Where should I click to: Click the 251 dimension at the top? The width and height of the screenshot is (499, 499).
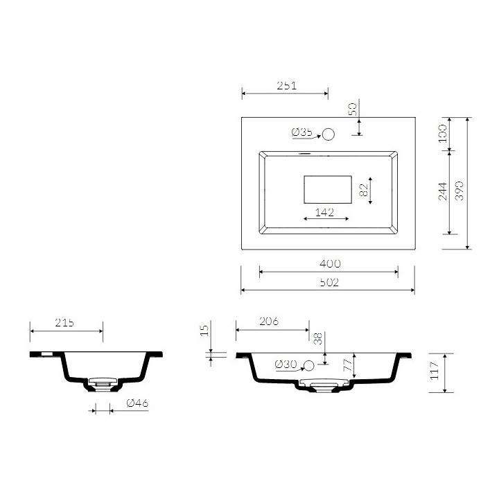pyautogui.click(x=287, y=86)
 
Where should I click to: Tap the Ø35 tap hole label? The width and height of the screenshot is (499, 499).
pyautogui.click(x=303, y=132)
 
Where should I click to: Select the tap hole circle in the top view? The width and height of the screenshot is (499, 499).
pyautogui.click(x=329, y=134)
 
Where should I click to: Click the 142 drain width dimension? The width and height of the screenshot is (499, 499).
pyautogui.click(x=324, y=211)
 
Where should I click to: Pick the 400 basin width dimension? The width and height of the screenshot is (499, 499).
pyautogui.click(x=330, y=263)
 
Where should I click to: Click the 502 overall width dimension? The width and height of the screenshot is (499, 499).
pyautogui.click(x=330, y=282)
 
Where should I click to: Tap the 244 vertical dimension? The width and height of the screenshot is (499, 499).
pyautogui.click(x=443, y=191)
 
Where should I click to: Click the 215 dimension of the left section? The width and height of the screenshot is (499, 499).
pyautogui.click(x=64, y=322)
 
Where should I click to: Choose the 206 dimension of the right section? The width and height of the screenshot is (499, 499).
pyautogui.click(x=268, y=322)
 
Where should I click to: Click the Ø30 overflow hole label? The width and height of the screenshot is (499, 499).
pyautogui.click(x=285, y=365)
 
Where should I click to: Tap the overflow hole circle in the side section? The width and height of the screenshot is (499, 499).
pyautogui.click(x=310, y=365)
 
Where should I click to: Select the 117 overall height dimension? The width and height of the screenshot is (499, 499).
pyautogui.click(x=435, y=372)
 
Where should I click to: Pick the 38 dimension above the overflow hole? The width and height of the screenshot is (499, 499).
pyautogui.click(x=318, y=339)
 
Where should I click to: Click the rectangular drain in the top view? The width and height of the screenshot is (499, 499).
pyautogui.click(x=329, y=189)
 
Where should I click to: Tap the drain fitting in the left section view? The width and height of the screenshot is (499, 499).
pyautogui.click(x=101, y=383)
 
